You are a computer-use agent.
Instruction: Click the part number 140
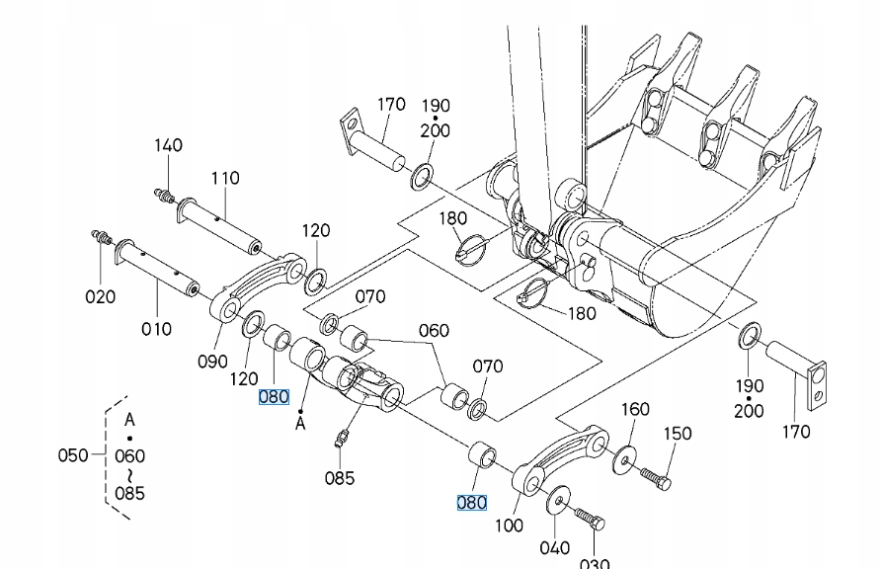[168, 145]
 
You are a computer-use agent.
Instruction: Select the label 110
[225, 179]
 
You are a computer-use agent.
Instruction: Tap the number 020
[101, 296]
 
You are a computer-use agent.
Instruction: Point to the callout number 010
[156, 329]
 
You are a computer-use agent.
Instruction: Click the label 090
[212, 362]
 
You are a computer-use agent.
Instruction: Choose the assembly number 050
[73, 455]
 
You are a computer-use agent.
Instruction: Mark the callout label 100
[509, 526]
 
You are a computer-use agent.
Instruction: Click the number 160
[635, 409]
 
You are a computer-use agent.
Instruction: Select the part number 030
[595, 563]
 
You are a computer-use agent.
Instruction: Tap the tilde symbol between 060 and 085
[129, 476]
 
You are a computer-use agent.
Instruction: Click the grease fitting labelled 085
[341, 438]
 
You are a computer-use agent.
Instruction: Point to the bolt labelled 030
[590, 519]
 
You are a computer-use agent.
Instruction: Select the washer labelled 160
[624, 460]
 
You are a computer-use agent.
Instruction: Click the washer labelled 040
[557, 500]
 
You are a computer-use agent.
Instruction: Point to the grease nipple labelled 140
[164, 196]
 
